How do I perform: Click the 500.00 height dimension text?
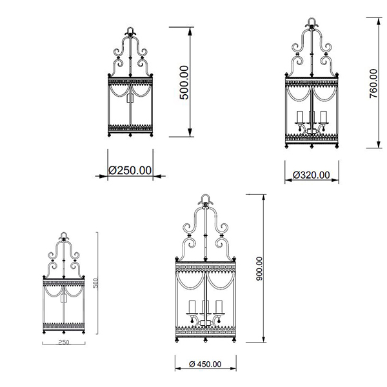point(184,83)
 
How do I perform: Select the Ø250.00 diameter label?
point(130,170)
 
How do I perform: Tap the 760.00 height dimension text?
point(373,83)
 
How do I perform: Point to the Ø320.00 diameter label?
point(312,175)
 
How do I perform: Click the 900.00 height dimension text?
point(259,269)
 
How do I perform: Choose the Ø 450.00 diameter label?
point(205,364)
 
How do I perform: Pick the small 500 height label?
point(95,283)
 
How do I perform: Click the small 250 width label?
point(63,342)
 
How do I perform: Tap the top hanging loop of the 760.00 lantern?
point(312,21)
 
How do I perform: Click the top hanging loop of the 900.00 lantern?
point(205,198)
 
